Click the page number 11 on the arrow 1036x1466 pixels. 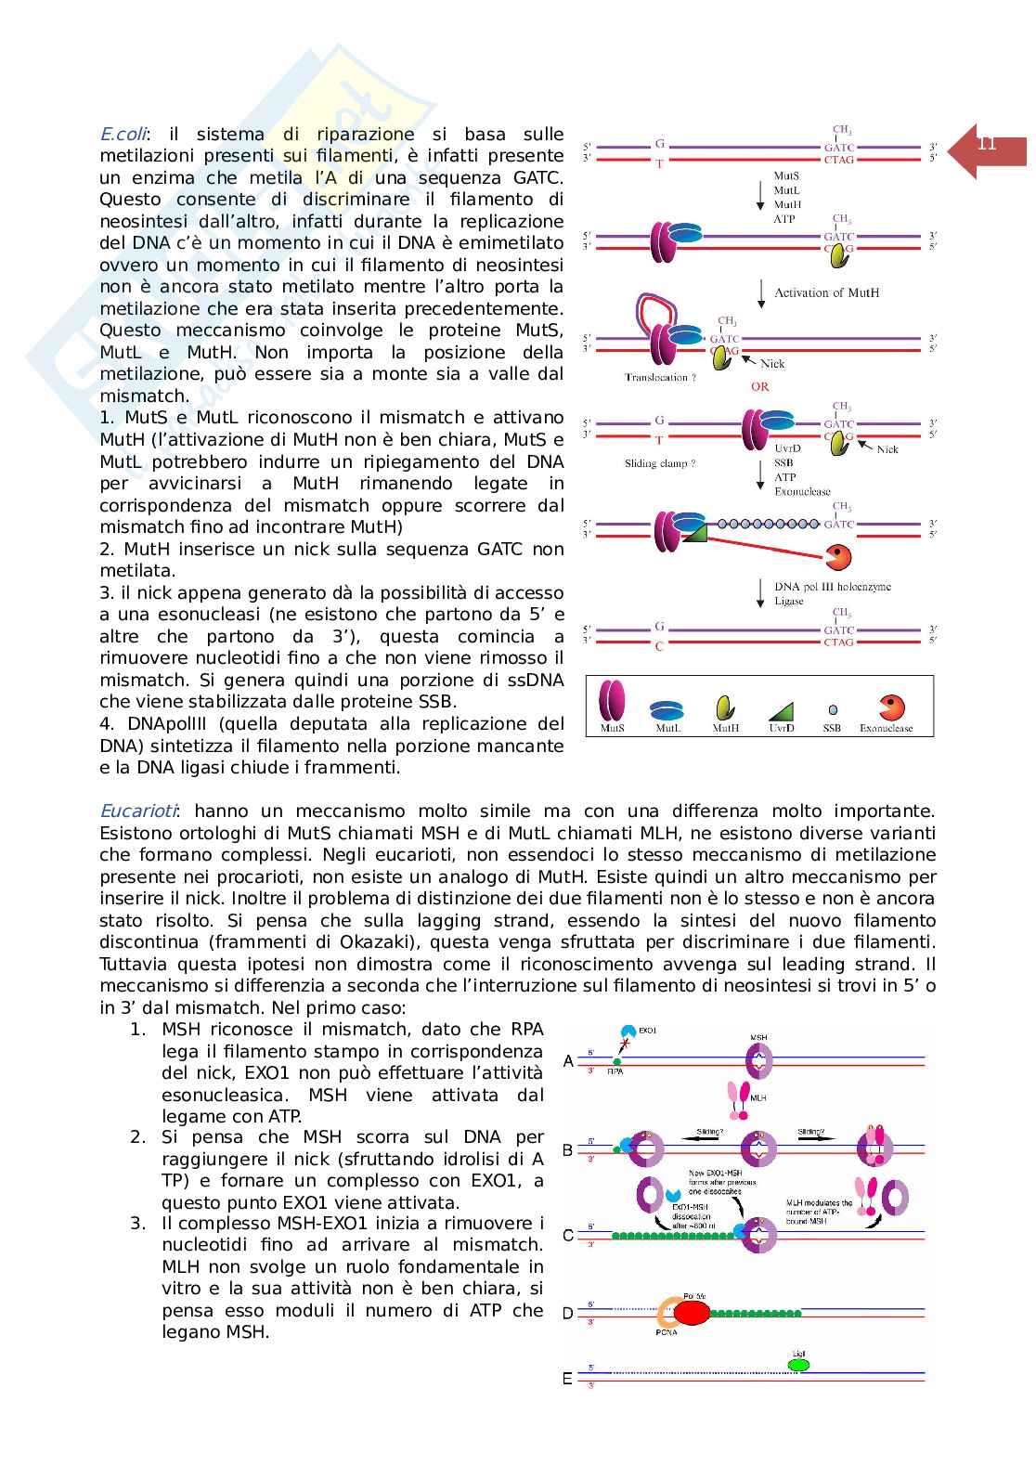coord(987,144)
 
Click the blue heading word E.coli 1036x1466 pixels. coord(123,134)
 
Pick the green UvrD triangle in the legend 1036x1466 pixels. coord(782,710)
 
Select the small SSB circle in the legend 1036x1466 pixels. coord(832,710)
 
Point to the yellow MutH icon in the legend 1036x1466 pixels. coord(725,708)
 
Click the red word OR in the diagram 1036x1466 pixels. coord(760,386)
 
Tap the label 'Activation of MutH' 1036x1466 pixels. coord(826,292)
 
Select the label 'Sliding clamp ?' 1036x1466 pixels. coord(660,462)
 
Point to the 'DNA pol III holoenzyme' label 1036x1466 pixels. coord(833,587)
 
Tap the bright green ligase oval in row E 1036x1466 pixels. coord(798,1365)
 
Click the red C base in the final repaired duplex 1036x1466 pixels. coord(659,646)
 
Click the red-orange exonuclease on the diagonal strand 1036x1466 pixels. coord(837,557)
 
